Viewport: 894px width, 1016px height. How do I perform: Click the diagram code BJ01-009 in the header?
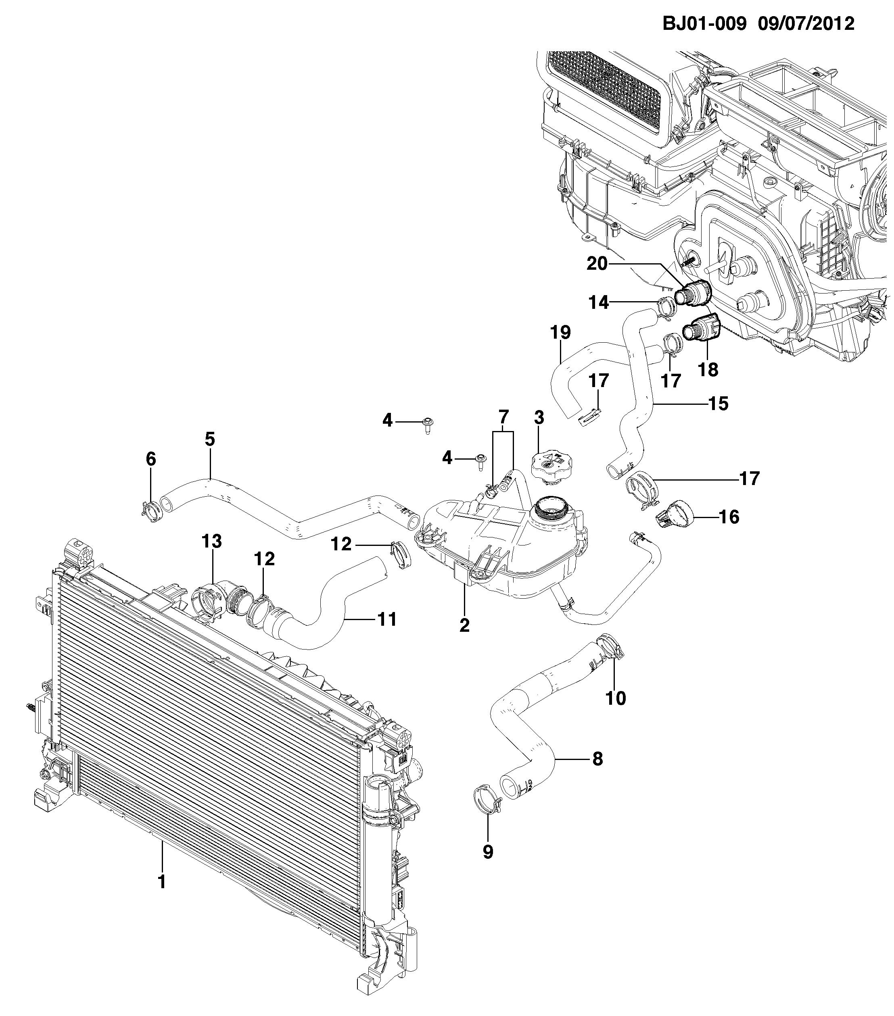click(704, 23)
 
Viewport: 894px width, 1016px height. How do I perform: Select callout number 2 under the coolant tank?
click(464, 625)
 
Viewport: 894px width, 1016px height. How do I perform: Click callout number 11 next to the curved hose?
click(386, 619)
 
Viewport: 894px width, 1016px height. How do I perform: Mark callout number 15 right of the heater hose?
click(719, 404)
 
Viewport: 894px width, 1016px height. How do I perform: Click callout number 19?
click(561, 332)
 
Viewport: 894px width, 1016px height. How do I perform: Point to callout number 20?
click(597, 263)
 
